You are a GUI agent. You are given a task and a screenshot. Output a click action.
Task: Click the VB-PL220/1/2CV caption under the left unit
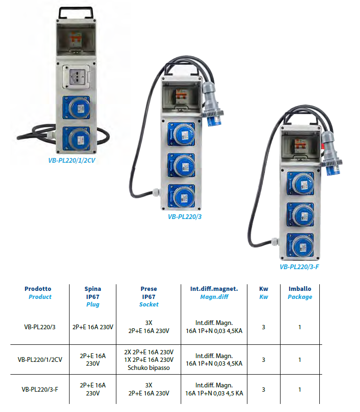point(71,160)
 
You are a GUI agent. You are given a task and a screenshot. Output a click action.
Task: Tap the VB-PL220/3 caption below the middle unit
point(184,217)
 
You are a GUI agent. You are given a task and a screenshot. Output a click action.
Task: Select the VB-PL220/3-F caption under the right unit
point(299,267)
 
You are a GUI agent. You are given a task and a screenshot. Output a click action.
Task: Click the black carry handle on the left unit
point(76,13)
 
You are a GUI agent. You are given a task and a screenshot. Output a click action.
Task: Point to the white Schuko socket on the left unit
point(76,77)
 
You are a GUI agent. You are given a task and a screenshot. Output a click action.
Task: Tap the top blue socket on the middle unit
point(182,134)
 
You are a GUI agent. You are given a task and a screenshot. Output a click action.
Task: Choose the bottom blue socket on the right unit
point(300,245)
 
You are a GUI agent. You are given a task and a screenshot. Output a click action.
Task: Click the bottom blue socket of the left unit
point(77,139)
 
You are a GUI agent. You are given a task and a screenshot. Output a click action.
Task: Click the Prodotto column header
point(38,289)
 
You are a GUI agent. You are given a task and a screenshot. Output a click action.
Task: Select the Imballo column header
point(300,289)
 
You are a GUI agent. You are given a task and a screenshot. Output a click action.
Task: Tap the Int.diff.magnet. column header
point(214,289)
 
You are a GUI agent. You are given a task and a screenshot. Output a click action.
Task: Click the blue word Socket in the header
point(149,305)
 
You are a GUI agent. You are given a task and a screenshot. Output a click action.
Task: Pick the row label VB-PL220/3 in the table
point(40,327)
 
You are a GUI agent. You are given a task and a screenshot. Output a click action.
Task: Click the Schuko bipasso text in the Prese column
point(149,368)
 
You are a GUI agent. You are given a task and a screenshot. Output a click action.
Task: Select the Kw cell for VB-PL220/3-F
point(263,390)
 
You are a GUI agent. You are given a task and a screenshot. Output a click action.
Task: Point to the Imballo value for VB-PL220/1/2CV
point(299,359)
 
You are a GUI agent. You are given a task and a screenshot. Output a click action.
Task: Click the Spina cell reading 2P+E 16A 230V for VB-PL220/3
point(93,327)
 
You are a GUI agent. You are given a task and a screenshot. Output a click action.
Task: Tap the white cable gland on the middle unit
point(157,192)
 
